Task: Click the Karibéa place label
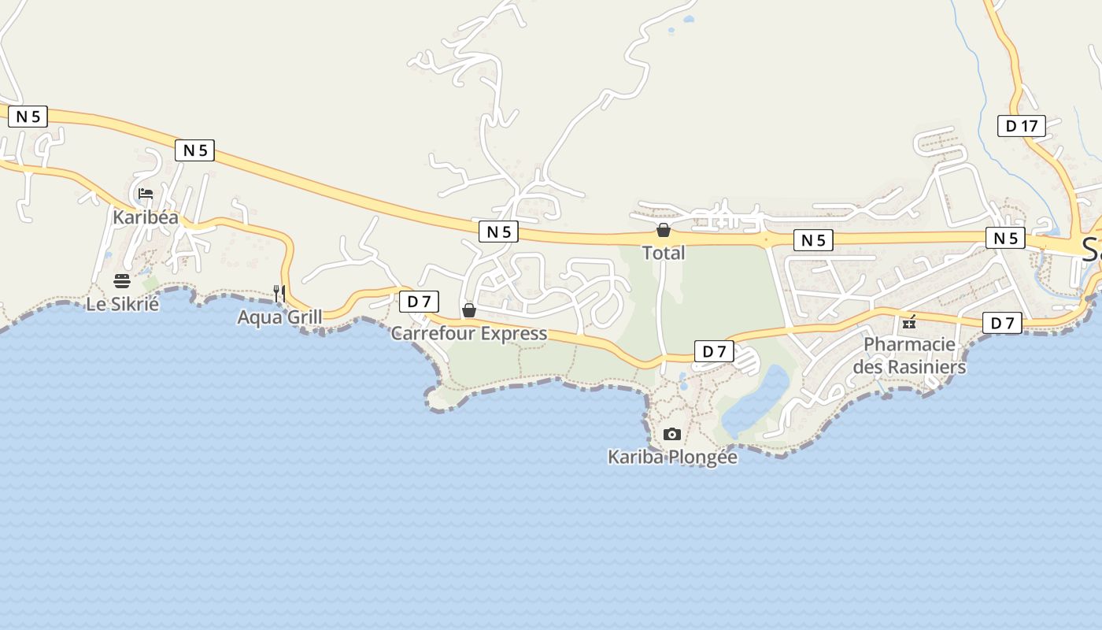coord(146,217)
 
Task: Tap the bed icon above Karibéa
coord(146,194)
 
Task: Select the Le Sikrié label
coord(122,304)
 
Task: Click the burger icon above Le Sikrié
coord(122,281)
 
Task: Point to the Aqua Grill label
coord(279,317)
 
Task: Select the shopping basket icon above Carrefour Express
coord(469,310)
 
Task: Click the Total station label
coord(664,253)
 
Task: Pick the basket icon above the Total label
coord(664,230)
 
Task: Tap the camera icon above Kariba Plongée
coord(671,434)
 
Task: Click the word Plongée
coord(702,457)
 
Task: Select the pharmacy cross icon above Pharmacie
coord(909,322)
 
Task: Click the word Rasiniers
coord(926,367)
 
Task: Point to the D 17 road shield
coord(1022,125)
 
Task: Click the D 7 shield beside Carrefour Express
coord(419,302)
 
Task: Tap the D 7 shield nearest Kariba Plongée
coord(714,351)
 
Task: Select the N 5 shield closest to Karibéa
coord(195,150)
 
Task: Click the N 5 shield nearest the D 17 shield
coord(1005,238)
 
